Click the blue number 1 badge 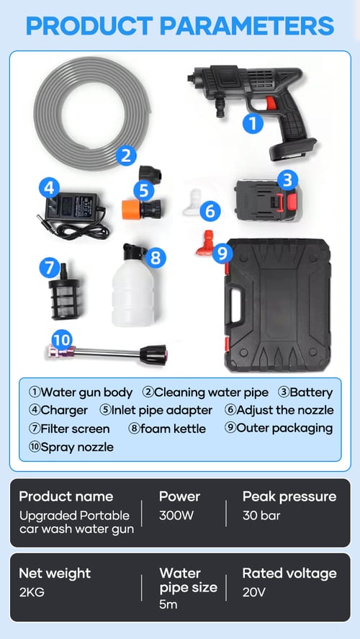pyautogui.click(x=253, y=123)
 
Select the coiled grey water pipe pyautogui.click(x=92, y=113)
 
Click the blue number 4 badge pyautogui.click(x=49, y=188)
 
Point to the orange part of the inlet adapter pyautogui.click(x=131, y=210)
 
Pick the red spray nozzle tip pyautogui.click(x=205, y=243)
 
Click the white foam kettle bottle pyautogui.click(x=132, y=291)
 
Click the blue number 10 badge pyautogui.click(x=61, y=340)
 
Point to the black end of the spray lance pyautogui.click(x=153, y=354)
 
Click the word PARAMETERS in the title pyautogui.click(x=247, y=26)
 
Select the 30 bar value pyautogui.click(x=261, y=516)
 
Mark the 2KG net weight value pyautogui.click(x=32, y=592)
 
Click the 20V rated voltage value pyautogui.click(x=253, y=592)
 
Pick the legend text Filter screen pyautogui.click(x=69, y=429)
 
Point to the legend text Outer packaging pyautogui.click(x=279, y=428)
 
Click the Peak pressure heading pyautogui.click(x=289, y=497)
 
